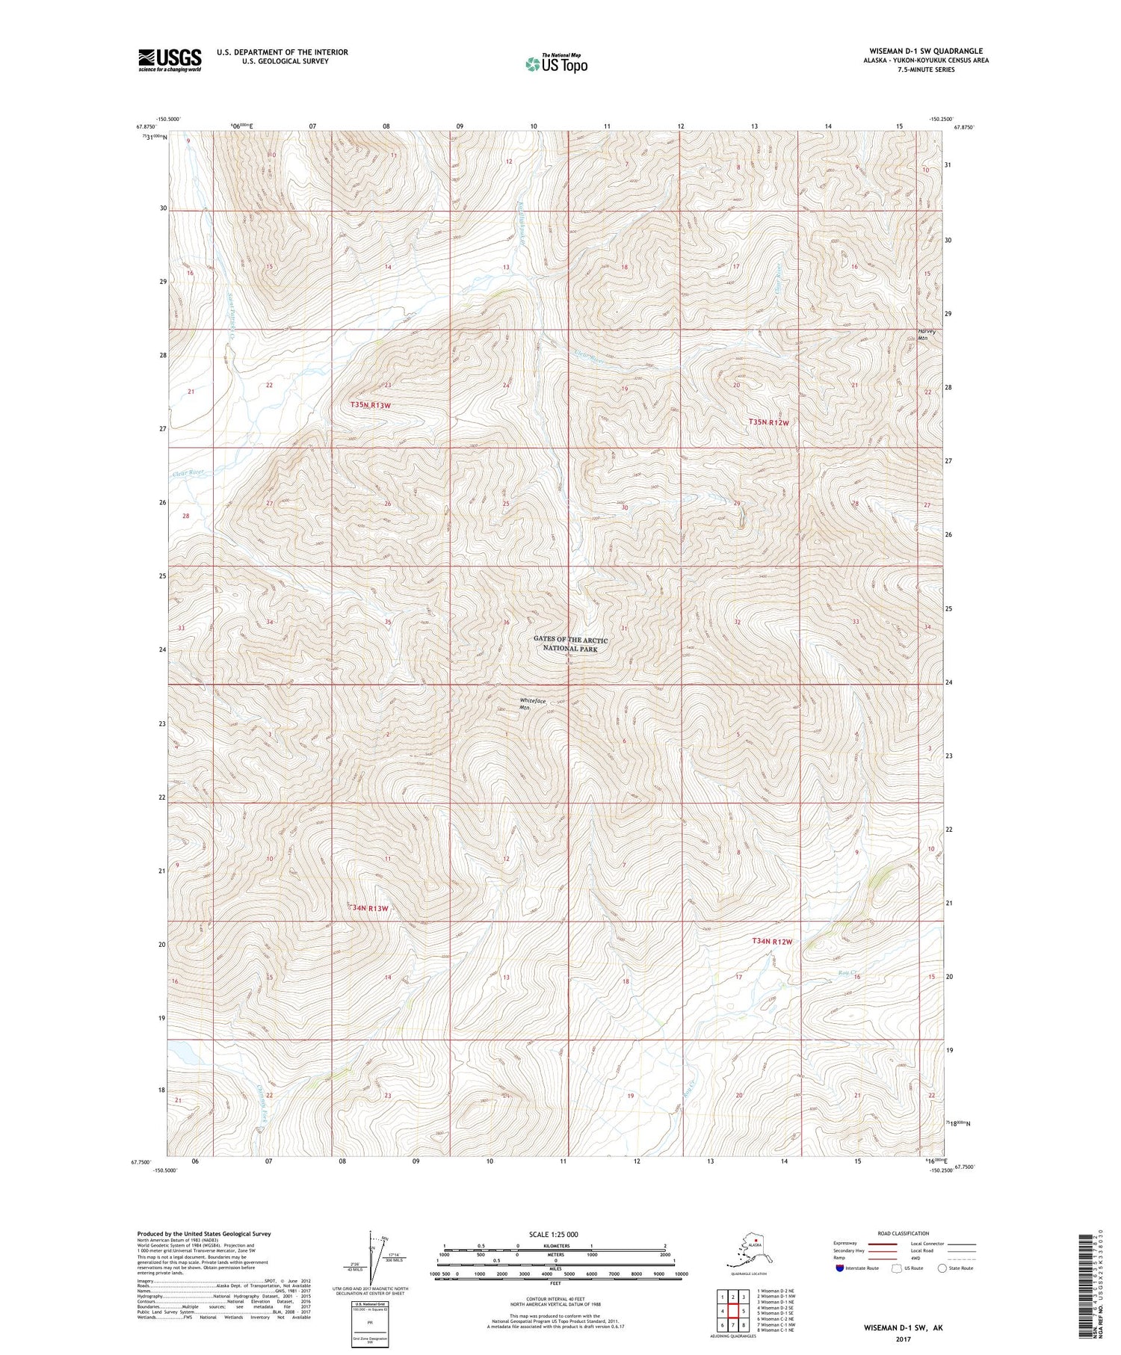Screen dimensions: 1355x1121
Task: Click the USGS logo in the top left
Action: [x=170, y=60]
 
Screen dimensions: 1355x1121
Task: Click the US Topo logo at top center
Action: [x=557, y=64]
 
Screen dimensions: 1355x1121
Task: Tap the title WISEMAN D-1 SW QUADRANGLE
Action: [x=925, y=51]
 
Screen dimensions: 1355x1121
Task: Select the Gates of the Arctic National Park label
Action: [x=571, y=644]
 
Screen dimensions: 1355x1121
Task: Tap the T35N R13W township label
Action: [x=371, y=404]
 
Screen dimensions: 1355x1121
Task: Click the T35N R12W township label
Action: [x=769, y=422]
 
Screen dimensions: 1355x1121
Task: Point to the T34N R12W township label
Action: [x=771, y=942]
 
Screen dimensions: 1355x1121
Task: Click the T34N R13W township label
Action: [x=371, y=908]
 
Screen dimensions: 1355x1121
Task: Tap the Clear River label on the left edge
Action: [x=188, y=472]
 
